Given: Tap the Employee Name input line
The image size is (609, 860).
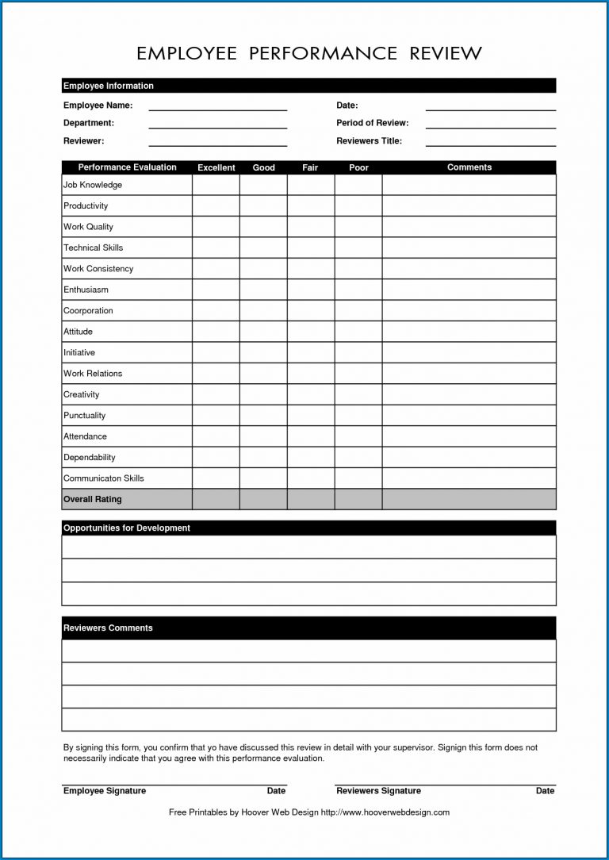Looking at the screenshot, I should (x=217, y=107).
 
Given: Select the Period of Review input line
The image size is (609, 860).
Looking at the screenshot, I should (x=490, y=125).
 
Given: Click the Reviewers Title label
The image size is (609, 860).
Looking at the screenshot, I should (x=369, y=141).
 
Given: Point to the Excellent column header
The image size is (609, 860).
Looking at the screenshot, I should (x=216, y=167).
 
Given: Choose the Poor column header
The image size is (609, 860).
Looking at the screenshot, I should (x=358, y=167).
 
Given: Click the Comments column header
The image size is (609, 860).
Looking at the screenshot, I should (x=469, y=167).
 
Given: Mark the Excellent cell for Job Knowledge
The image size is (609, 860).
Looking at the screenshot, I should (x=216, y=185).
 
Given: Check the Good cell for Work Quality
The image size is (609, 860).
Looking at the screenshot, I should (x=263, y=227).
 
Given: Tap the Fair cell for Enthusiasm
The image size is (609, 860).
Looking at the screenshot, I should (x=311, y=290).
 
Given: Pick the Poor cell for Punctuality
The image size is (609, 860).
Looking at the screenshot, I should (x=358, y=416).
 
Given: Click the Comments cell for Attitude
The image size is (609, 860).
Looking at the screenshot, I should (x=469, y=332).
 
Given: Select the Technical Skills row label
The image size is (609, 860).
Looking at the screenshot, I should (x=94, y=248).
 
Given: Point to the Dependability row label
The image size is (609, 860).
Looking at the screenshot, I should (x=90, y=458).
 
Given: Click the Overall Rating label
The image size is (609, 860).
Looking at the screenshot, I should (x=93, y=500).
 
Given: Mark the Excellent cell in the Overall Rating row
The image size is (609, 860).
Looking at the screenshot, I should (x=216, y=500).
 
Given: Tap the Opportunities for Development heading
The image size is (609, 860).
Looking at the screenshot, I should (x=127, y=528).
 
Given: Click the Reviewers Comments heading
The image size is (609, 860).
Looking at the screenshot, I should (x=108, y=628).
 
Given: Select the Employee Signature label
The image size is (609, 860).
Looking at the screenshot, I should (x=105, y=791).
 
